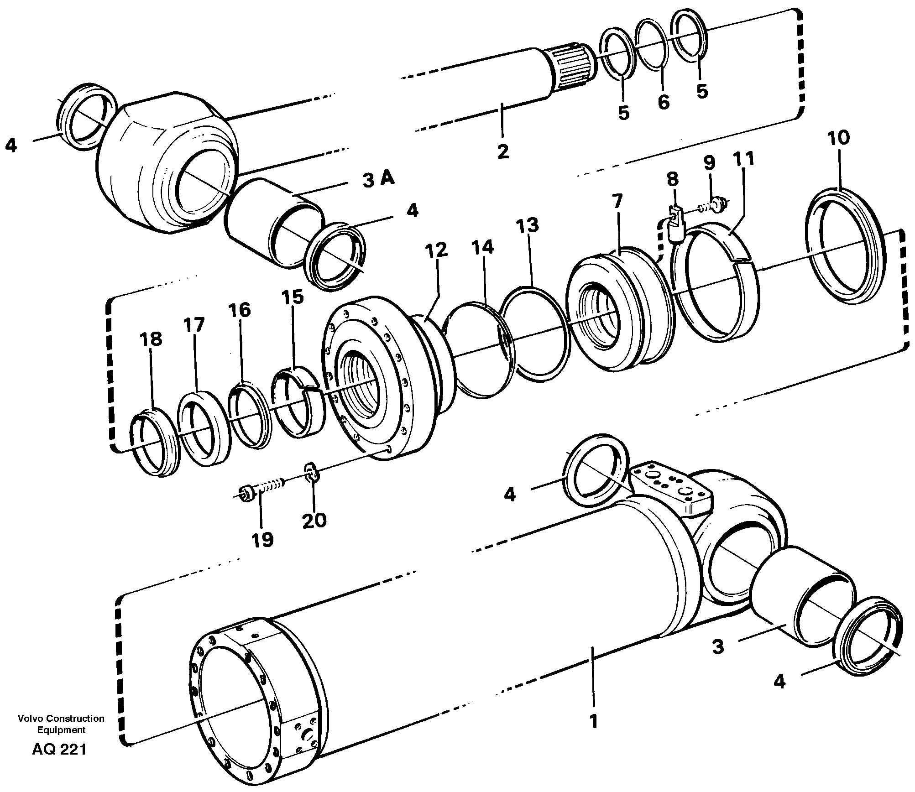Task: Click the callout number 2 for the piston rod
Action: pyautogui.click(x=502, y=151)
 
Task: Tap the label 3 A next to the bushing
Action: pyautogui.click(x=378, y=179)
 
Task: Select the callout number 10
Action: pyautogui.click(x=839, y=137)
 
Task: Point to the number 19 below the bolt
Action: pyautogui.click(x=262, y=539)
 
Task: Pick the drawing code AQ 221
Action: pyautogui.click(x=59, y=762)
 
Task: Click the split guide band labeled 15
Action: pyautogui.click(x=299, y=401)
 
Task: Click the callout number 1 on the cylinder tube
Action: pyautogui.click(x=593, y=722)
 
